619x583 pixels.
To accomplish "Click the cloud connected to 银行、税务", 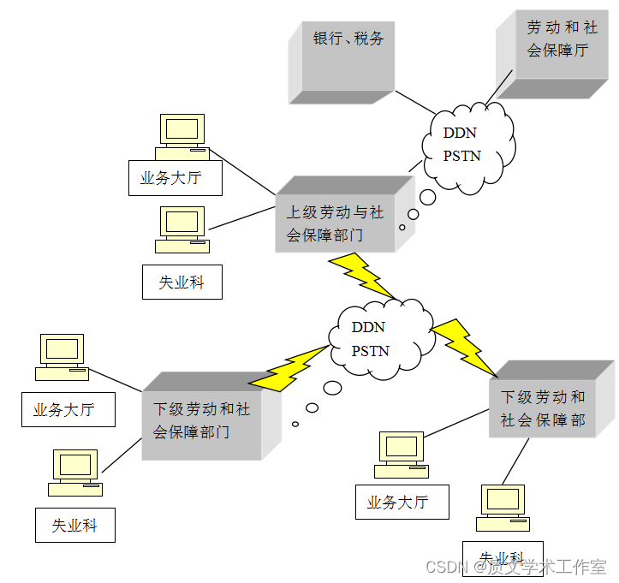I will pyautogui.click(x=468, y=145).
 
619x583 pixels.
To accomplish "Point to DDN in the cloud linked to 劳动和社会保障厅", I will pyautogui.click(x=460, y=133).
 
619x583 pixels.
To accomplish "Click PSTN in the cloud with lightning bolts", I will pyautogui.click(x=370, y=351).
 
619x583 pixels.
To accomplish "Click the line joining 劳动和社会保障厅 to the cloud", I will pyautogui.click(x=495, y=88).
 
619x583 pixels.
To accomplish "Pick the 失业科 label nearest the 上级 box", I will pyautogui.click(x=182, y=282).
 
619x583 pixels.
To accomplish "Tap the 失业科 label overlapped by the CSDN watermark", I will pyautogui.click(x=501, y=557).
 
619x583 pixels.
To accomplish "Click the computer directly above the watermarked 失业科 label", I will pyautogui.click(x=501, y=505).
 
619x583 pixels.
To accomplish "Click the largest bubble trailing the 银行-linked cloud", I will pyautogui.click(x=427, y=198).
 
